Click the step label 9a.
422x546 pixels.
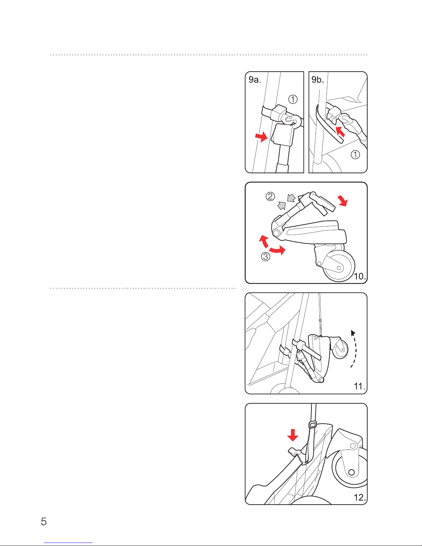click(255, 80)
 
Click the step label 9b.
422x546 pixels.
click(318, 80)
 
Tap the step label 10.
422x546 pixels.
click(360, 276)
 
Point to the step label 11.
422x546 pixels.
click(360, 387)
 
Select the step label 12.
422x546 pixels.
click(360, 497)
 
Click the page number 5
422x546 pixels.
click(44, 522)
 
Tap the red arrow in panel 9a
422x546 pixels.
click(261, 137)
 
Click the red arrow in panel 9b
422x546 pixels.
click(340, 131)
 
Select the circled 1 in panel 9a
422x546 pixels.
click(293, 99)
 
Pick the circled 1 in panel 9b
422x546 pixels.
click(355, 154)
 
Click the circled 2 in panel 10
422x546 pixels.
click(270, 196)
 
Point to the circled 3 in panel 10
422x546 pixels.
click(266, 257)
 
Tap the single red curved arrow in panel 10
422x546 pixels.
click(343, 200)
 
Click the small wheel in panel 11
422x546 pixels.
click(341, 350)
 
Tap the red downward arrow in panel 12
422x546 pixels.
click(292, 435)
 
